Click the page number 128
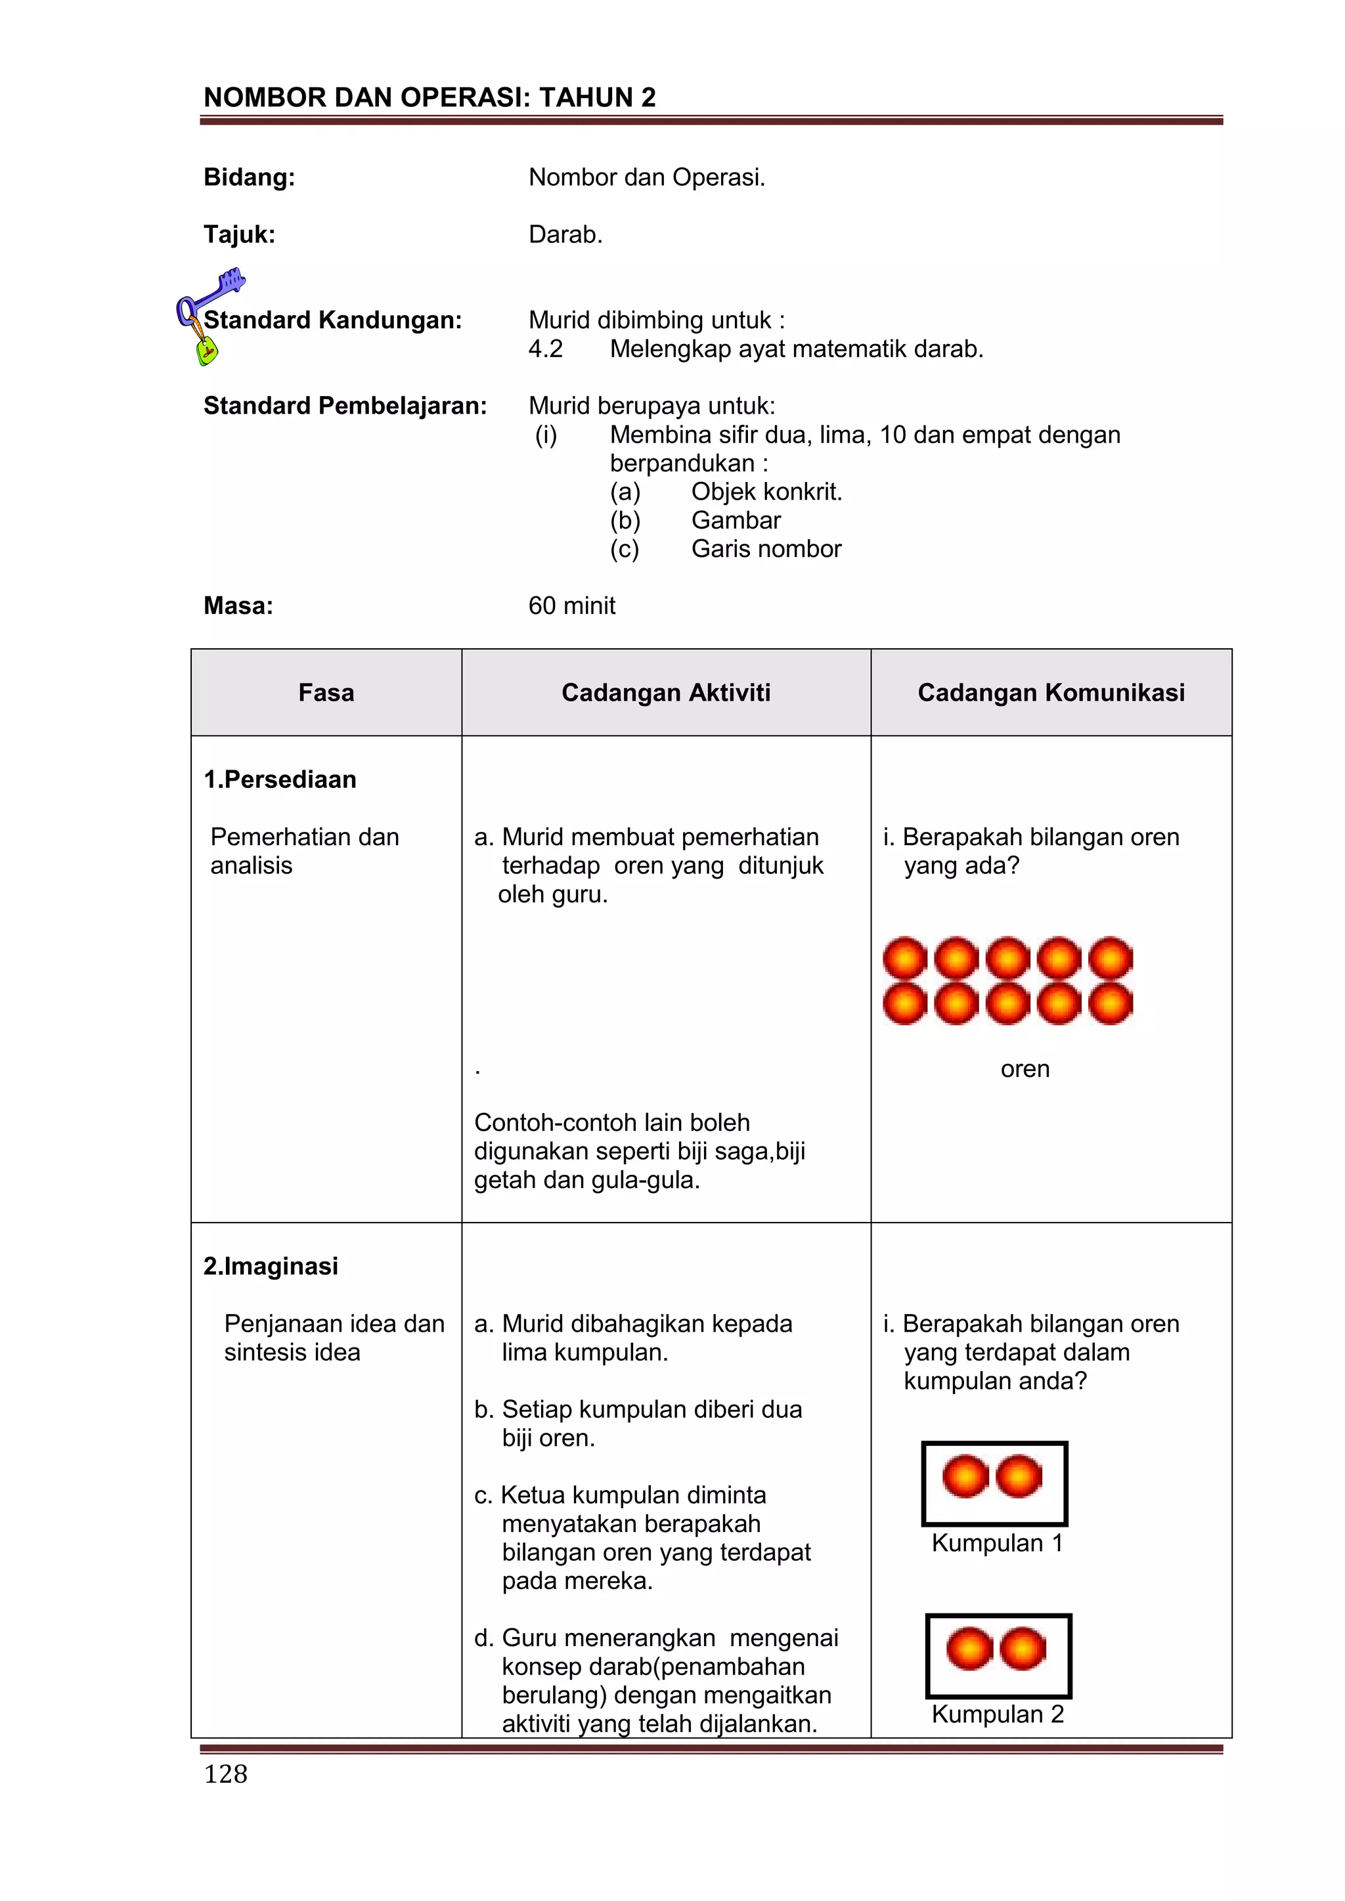coord(225,1774)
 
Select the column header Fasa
coord(326,692)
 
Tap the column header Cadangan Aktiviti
coord(665,692)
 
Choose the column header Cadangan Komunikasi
coord(1050,692)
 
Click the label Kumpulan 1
coord(996,1542)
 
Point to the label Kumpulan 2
coord(997,1714)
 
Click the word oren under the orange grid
coord(1025,1069)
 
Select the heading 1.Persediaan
coord(280,779)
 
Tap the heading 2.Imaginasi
coord(271,1266)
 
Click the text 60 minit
coord(571,605)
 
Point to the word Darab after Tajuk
coord(565,234)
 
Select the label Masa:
coord(238,605)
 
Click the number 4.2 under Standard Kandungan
coord(545,349)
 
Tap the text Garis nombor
coord(766,548)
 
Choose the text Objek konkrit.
coord(766,491)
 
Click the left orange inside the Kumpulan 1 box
coord(965,1476)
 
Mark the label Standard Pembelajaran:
coord(345,406)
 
